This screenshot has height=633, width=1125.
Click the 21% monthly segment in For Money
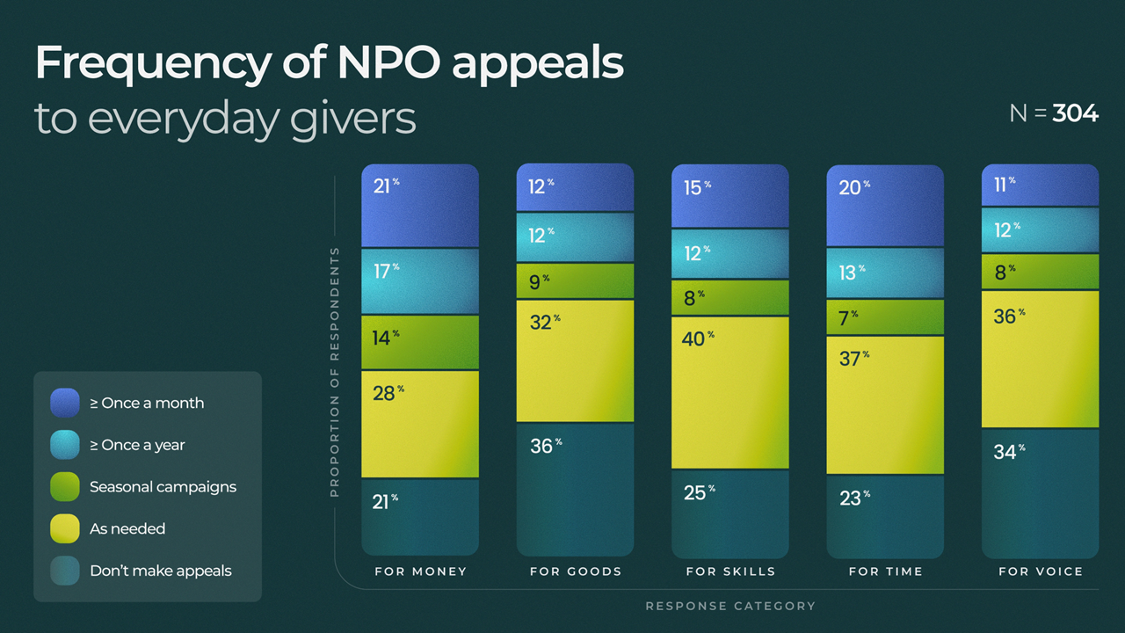point(420,207)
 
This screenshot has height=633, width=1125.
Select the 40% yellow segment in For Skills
point(729,392)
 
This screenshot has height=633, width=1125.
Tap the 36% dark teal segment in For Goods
point(575,489)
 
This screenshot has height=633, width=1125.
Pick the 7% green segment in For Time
point(885,317)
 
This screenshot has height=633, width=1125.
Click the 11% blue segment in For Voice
point(1040,186)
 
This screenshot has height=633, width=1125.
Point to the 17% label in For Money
point(385,271)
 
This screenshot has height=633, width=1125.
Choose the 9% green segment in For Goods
point(575,281)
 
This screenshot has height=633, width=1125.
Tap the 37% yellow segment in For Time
point(885,404)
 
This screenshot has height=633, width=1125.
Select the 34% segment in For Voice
point(1040,492)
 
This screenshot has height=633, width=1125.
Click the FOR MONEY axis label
point(420,571)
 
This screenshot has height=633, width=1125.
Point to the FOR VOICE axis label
point(1041,571)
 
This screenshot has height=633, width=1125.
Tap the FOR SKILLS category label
point(730,571)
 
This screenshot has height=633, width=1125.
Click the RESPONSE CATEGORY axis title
point(730,606)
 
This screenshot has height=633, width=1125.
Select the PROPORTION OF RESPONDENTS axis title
point(335,372)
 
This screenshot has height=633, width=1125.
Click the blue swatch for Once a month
point(65,403)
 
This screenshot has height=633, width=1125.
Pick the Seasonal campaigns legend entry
point(163,487)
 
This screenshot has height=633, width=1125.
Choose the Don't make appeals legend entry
point(160,571)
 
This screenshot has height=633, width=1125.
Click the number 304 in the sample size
point(1075,113)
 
